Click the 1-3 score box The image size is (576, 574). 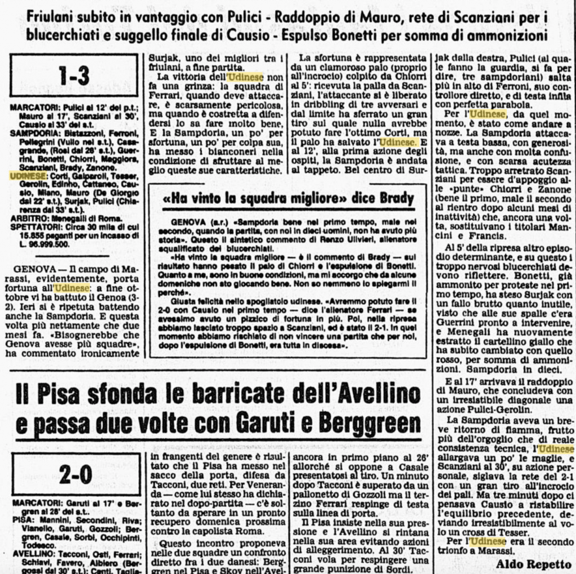(x=75, y=75)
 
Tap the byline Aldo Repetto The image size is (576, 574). (x=533, y=563)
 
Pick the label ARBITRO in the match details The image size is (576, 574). (x=28, y=217)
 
